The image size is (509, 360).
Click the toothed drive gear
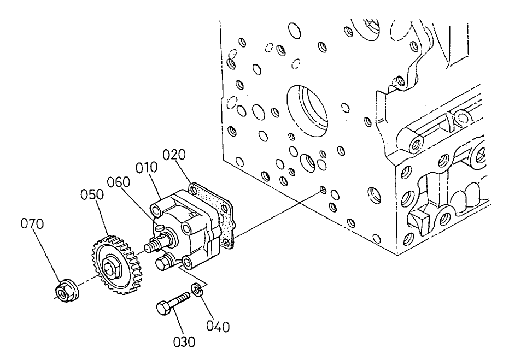(x=116, y=263)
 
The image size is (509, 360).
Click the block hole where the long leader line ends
(x=323, y=190)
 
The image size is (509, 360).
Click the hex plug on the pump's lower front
(x=162, y=264)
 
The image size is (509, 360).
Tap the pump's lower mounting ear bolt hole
(x=187, y=264)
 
